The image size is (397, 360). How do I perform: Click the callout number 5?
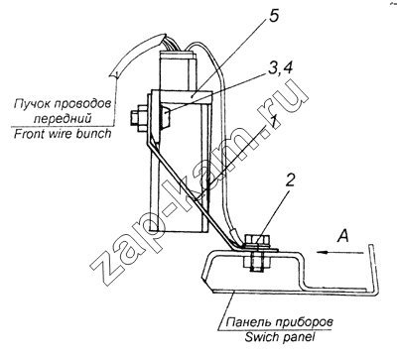pyautogui.click(x=273, y=15)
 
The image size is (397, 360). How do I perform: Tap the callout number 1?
pyautogui.click(x=272, y=123)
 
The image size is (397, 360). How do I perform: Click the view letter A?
pyautogui.click(x=343, y=236)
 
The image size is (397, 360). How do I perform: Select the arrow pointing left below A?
pyautogui.click(x=340, y=253)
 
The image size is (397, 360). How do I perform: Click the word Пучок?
pyautogui.click(x=31, y=104)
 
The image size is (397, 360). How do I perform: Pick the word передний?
pyautogui.click(x=63, y=118)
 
